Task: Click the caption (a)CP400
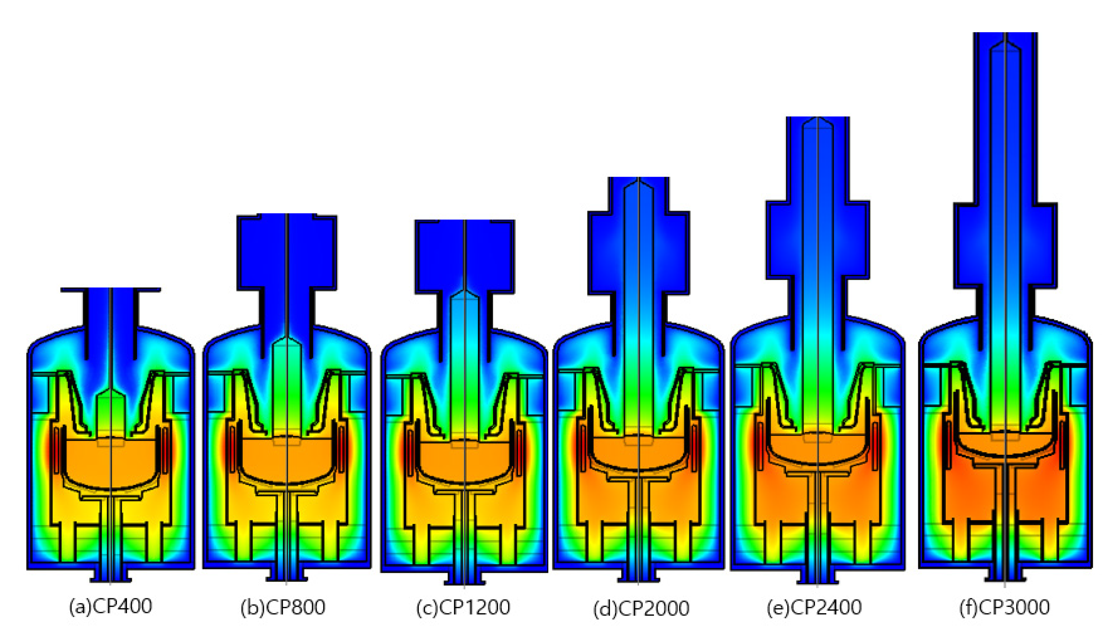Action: [111, 607]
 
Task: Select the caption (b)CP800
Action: [283, 608]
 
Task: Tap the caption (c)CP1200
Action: [463, 608]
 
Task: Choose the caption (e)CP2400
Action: [814, 608]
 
